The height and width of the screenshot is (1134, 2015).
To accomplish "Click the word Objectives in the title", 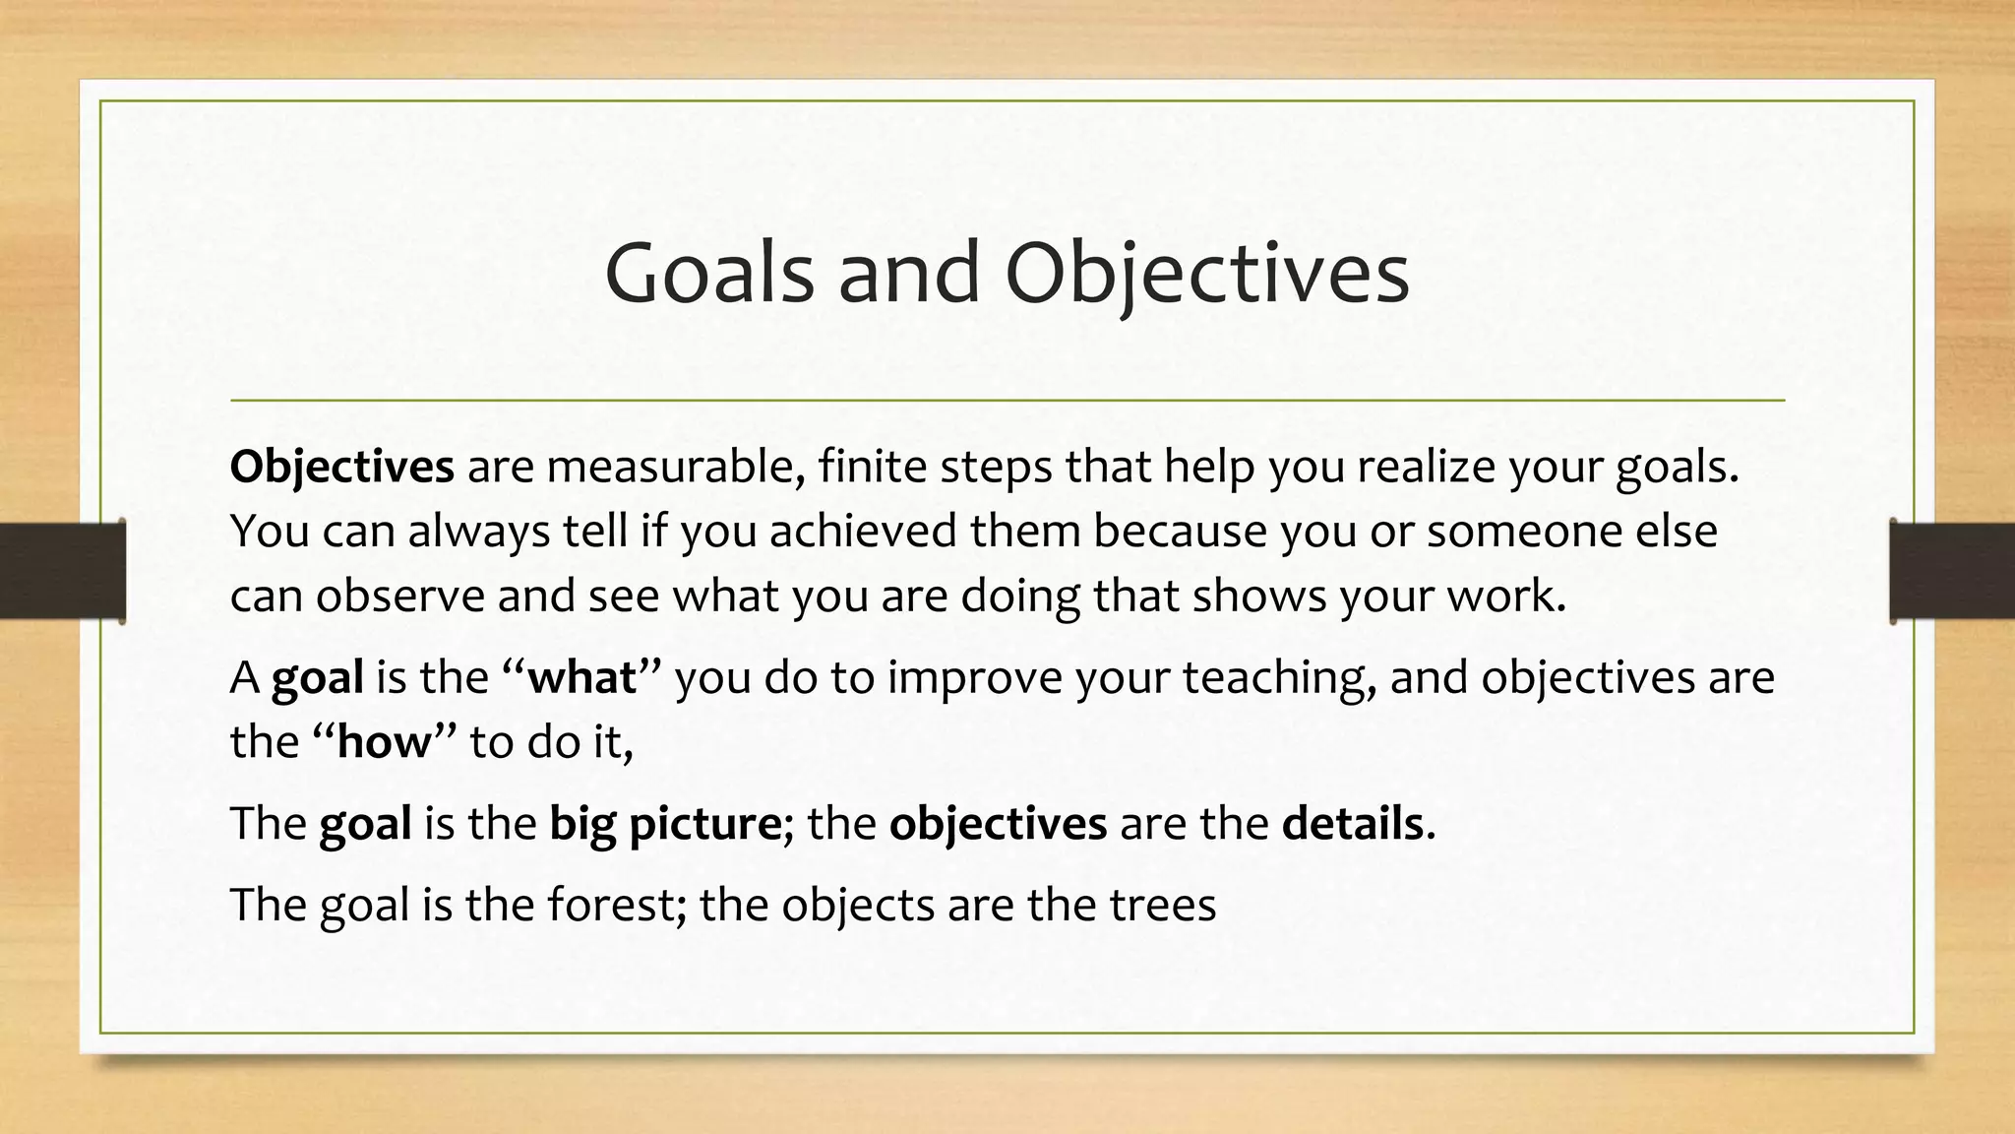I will coord(1207,273).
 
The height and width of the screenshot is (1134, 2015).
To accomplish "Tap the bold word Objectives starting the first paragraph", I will coord(341,466).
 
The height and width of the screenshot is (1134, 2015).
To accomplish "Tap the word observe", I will coord(399,596).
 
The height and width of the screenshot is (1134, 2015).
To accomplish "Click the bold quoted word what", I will coord(582,677).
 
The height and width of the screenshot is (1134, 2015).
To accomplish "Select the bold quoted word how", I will coord(385,741).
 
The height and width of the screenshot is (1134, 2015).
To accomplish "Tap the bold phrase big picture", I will coord(665,823).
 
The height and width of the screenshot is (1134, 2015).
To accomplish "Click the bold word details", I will coord(1352,823).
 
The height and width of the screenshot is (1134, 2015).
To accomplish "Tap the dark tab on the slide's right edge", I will coord(1952,571).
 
